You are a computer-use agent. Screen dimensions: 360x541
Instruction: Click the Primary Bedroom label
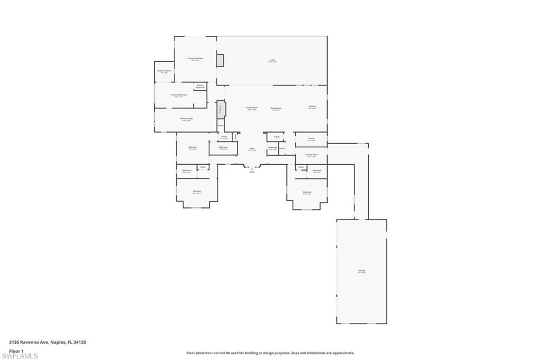coord(195,58)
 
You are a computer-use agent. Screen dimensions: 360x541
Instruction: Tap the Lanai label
coord(273,60)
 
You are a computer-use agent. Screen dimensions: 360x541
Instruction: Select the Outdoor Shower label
coord(164,71)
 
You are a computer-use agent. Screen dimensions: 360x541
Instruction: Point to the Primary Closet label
coord(186,119)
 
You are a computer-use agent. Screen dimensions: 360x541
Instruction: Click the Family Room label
coord(251,108)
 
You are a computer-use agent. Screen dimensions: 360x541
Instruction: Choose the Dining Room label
coord(276,108)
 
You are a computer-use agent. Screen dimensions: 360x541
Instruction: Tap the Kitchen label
coord(312,107)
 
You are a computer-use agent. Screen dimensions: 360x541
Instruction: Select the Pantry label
coord(311,139)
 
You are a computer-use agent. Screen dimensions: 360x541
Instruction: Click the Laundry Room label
coord(311,155)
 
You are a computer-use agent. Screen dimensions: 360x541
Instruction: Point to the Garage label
coord(361,271)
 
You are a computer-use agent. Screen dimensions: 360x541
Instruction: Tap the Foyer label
coord(252,149)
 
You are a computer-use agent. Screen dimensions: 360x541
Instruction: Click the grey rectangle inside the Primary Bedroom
coord(220,60)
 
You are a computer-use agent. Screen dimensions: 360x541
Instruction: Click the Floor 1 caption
coord(16,350)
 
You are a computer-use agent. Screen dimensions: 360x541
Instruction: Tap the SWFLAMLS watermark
coord(20,356)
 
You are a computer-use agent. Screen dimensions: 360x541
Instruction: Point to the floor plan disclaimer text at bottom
coord(270,353)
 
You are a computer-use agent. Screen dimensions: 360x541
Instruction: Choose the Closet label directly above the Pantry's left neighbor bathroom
coord(276,137)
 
